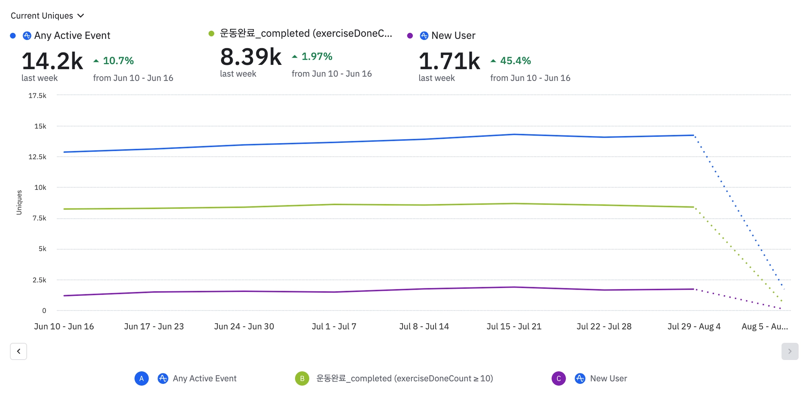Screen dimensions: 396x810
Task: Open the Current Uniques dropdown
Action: coord(47,16)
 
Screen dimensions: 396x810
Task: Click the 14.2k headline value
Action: coord(52,61)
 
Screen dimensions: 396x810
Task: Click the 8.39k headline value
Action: coord(251,57)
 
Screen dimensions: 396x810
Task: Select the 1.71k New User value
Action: coord(449,61)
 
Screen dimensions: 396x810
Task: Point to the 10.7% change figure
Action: coord(118,61)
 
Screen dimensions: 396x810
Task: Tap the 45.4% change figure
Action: coord(515,61)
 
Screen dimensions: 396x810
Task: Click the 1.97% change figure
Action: coord(316,57)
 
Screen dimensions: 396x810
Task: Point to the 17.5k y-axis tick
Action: coord(37,96)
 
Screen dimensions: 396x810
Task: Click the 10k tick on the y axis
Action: coord(40,188)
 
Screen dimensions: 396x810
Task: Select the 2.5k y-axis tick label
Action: coord(39,280)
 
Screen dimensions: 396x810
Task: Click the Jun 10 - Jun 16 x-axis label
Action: coord(64,327)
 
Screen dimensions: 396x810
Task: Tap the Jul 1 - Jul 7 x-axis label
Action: coord(334,327)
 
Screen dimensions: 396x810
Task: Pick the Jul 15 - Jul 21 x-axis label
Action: coord(514,327)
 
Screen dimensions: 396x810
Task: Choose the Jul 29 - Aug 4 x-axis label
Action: coord(694,327)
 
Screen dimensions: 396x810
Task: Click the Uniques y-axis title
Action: coord(19,203)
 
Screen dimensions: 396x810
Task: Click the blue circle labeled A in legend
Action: coord(142,379)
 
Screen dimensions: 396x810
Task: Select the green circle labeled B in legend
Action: coord(302,379)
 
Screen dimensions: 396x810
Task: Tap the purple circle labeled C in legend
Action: coord(558,379)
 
